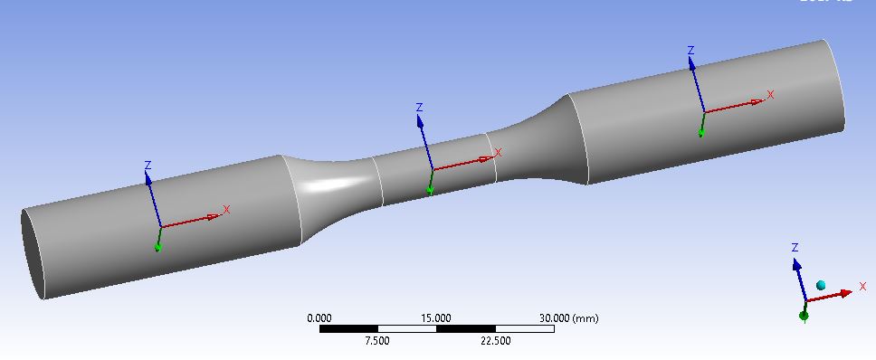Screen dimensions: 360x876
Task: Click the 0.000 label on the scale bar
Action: pyautogui.click(x=319, y=318)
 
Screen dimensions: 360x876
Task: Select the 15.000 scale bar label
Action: pyautogui.click(x=436, y=318)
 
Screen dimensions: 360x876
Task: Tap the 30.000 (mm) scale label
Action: pyautogui.click(x=568, y=318)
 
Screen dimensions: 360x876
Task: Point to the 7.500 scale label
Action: pyautogui.click(x=377, y=340)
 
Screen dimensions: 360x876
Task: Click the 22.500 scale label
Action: pyautogui.click(x=495, y=340)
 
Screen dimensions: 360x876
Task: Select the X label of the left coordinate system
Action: pyautogui.click(x=226, y=210)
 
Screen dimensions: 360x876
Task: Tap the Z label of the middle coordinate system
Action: pyautogui.click(x=419, y=108)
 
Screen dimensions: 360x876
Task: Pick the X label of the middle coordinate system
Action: pyautogui.click(x=498, y=153)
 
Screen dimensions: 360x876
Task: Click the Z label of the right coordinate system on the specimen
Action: pyautogui.click(x=690, y=51)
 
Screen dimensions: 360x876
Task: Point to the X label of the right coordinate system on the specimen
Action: pyautogui.click(x=770, y=94)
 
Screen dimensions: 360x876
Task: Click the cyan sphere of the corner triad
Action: pyautogui.click(x=821, y=286)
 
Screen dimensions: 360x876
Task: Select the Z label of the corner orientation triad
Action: pyautogui.click(x=795, y=247)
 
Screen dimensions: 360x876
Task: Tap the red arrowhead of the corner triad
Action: pyautogui.click(x=845, y=292)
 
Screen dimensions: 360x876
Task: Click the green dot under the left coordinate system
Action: pyautogui.click(x=157, y=246)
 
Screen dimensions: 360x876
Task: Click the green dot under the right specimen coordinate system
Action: pyautogui.click(x=701, y=132)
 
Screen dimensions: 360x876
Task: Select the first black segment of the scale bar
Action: pyautogui.click(x=348, y=328)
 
